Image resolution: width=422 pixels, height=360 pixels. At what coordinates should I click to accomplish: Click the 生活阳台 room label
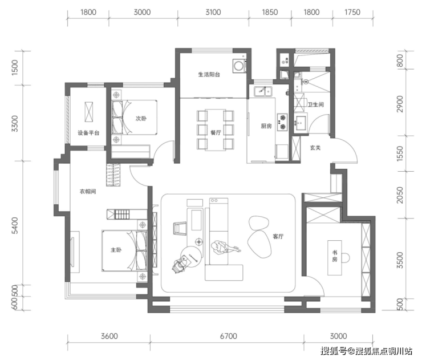209,74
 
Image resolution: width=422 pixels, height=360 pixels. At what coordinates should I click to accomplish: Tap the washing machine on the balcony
239,66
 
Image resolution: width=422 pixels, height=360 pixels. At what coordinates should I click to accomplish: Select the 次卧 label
141,119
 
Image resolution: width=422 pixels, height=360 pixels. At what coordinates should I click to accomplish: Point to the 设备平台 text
88,133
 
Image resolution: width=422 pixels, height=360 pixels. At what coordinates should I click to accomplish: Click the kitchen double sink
263,91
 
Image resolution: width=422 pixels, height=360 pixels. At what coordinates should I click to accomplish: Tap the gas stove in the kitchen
283,122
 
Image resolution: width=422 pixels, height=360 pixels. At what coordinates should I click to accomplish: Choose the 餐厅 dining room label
216,132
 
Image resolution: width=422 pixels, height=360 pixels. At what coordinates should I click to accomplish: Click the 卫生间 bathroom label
316,104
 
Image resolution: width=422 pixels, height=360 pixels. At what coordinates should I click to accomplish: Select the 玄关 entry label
315,148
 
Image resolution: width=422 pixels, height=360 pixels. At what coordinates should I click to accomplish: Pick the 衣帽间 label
88,192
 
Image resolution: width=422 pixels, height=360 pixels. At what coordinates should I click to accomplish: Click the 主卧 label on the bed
116,250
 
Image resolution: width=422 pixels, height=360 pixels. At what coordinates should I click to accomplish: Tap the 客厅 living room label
278,236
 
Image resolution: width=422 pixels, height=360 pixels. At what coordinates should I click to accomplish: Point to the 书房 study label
335,256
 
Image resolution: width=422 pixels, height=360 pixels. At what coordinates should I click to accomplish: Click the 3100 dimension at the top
213,12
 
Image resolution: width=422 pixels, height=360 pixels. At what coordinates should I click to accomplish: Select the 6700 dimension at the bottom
229,336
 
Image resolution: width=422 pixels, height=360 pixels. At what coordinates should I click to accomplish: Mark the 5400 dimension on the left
15,225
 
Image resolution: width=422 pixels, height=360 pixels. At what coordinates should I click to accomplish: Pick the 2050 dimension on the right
400,195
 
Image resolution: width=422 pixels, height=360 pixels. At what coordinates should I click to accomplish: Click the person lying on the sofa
225,248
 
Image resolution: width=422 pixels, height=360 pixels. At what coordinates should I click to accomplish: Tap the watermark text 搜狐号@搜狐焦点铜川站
366,351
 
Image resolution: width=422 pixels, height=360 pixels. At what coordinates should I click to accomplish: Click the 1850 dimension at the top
270,12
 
